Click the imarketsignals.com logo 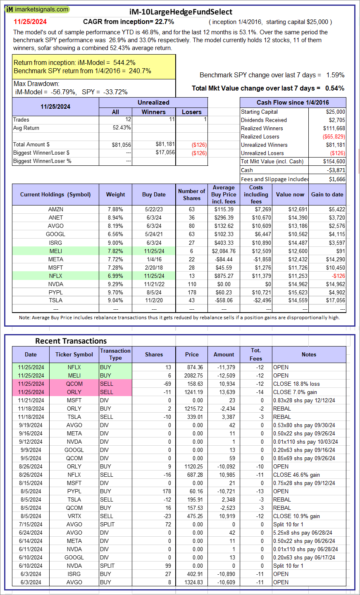click(37, 10)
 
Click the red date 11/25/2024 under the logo click(30, 22)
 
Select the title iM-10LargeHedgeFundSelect click(181, 12)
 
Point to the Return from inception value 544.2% click(124, 63)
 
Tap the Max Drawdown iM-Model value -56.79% click(64, 92)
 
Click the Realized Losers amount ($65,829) click(334, 137)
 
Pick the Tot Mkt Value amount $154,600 click(334, 162)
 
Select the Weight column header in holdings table click(115, 194)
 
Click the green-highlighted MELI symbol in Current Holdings click(56, 251)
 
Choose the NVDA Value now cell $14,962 click(298, 284)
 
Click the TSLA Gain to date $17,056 click(336, 301)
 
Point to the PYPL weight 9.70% click(115, 292)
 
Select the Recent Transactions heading click(71, 341)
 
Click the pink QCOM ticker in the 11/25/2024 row click(74, 384)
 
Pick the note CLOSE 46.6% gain click(296, 475)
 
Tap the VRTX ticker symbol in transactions click(74, 516)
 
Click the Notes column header click(309, 355)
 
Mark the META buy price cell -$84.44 click(224, 260)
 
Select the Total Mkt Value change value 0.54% click(334, 88)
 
